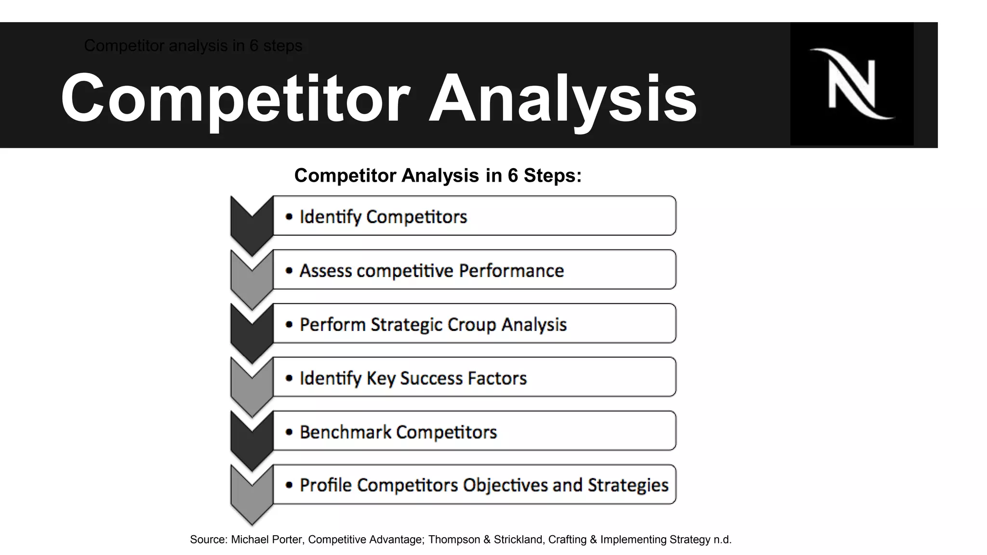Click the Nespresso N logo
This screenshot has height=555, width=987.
(852, 84)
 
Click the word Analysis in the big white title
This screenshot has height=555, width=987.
(562, 98)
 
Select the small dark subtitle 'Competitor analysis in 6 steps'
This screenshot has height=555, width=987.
(193, 46)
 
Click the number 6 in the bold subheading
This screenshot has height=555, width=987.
(512, 175)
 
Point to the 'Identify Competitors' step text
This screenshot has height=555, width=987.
(383, 217)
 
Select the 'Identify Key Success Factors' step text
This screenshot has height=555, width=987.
(413, 378)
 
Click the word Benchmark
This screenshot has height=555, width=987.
(345, 432)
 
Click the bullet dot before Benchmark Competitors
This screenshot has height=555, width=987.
(289, 432)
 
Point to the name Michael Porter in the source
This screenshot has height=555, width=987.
(267, 540)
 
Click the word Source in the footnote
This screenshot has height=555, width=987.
(208, 540)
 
